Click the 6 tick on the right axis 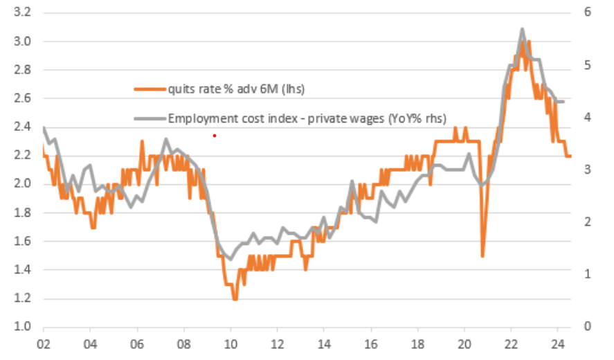(587, 12)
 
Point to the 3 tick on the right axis (587, 170)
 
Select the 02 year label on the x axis (43, 344)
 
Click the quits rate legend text (236, 89)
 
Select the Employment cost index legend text (307, 118)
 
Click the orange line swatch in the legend (150, 89)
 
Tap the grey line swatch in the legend (150, 118)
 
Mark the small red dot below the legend (215, 136)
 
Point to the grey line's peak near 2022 (522, 29)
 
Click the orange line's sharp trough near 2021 (482, 255)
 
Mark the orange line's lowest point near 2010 (235, 298)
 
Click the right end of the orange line (570, 156)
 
